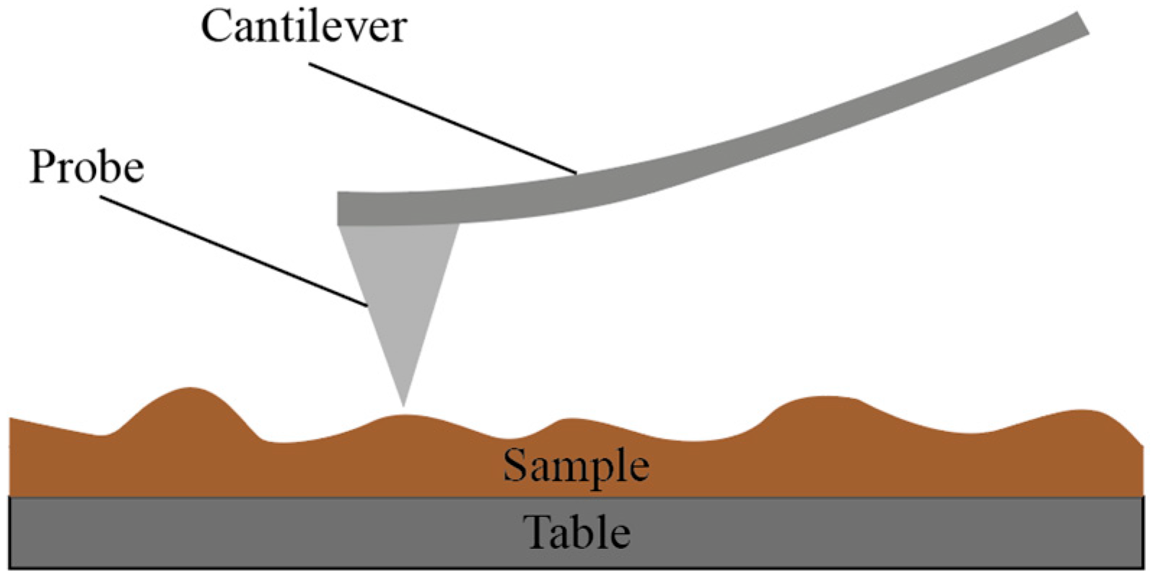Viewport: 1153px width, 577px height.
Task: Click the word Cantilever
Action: (x=304, y=27)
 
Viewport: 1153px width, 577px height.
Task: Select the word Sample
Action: (x=576, y=465)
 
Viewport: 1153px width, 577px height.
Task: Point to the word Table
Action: (x=576, y=533)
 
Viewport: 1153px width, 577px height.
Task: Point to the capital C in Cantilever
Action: (x=216, y=27)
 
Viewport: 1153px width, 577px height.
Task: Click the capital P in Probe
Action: (x=42, y=167)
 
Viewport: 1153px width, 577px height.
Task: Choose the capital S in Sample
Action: (x=516, y=465)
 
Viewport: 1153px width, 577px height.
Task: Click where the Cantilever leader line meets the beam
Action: (x=576, y=173)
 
